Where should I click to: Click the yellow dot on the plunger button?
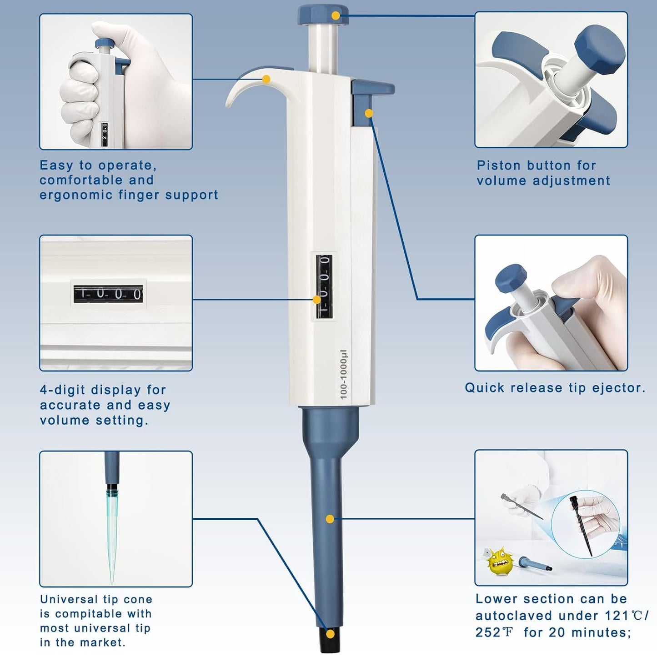(336, 15)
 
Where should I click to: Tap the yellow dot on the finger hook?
(266, 80)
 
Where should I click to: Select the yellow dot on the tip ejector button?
(369, 113)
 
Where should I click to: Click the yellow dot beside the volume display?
(316, 300)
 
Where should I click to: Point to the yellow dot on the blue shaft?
(330, 519)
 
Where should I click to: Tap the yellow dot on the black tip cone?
(331, 634)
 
